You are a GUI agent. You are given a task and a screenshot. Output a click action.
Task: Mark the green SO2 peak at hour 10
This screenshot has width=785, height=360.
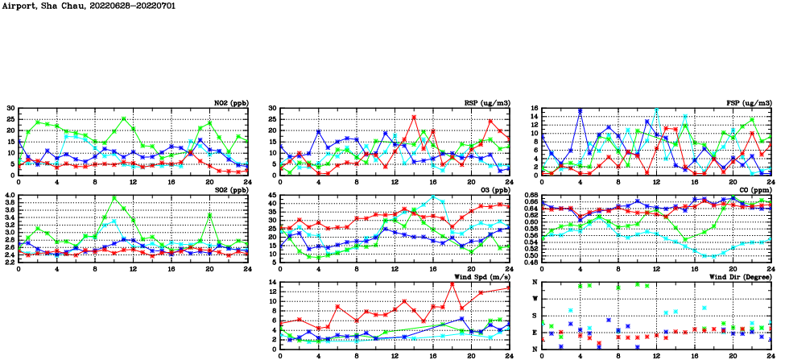click(x=114, y=197)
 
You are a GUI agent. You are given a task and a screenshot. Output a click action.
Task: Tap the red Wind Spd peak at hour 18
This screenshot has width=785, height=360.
click(x=452, y=283)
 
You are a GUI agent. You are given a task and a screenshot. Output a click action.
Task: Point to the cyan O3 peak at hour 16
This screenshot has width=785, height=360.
click(x=433, y=197)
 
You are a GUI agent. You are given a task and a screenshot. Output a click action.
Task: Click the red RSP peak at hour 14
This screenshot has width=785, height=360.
click(x=414, y=117)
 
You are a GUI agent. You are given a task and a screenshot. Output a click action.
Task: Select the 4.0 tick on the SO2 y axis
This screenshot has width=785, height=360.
click(x=9, y=196)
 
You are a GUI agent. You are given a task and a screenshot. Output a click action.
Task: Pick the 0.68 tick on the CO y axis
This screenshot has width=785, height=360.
click(x=530, y=196)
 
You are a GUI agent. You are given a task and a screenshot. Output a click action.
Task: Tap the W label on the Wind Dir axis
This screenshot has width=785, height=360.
click(x=536, y=299)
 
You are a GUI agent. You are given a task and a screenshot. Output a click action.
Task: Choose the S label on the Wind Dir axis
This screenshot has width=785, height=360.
click(x=536, y=316)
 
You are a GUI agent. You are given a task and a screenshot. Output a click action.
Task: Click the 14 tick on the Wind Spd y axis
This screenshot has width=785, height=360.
click(x=272, y=283)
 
